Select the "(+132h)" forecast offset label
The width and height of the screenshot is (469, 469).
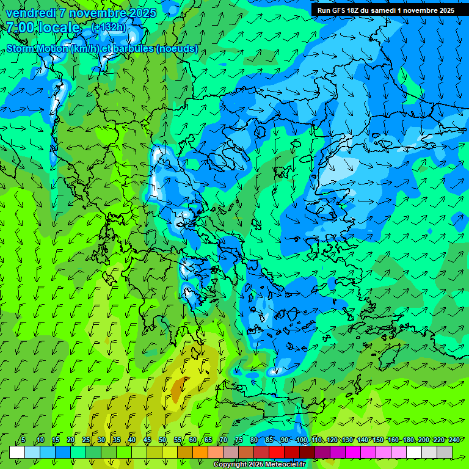(x=109, y=27)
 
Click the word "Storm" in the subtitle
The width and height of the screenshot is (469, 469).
(x=21, y=49)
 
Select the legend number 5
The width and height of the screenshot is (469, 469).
(x=23, y=440)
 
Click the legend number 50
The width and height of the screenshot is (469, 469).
(x=162, y=440)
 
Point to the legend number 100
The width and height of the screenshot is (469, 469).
(x=301, y=440)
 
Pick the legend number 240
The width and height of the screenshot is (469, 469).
(x=454, y=440)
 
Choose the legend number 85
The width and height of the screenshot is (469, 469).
(x=269, y=440)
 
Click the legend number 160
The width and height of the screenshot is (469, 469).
(x=393, y=440)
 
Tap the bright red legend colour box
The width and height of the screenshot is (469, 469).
(x=277, y=452)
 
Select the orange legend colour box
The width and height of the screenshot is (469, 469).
(x=200, y=452)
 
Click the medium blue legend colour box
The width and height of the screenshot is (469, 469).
(x=63, y=452)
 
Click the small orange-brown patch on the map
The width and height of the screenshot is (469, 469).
(x=178, y=389)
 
